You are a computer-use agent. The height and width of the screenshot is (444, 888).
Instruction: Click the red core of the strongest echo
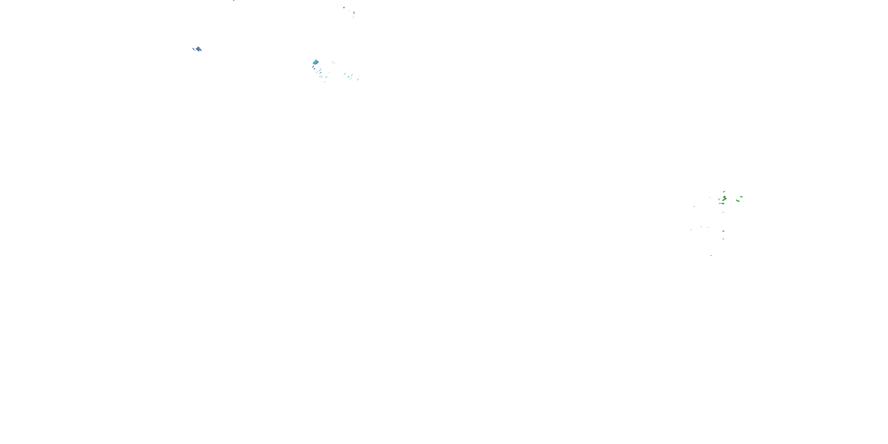pos(725,199)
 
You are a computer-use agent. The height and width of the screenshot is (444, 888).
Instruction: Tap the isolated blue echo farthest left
pos(199,49)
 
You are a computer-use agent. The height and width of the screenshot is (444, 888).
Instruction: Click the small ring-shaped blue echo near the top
pos(344,7)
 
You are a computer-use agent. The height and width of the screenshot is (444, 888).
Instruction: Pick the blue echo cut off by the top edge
pos(234,1)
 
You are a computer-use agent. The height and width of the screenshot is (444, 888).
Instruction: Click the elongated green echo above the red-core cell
pos(724,192)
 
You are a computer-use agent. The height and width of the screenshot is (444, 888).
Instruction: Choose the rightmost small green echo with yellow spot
pos(741,197)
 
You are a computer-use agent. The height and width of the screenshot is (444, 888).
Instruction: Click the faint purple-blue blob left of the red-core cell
pos(719,200)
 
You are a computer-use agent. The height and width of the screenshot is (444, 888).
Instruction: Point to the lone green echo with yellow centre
pos(723,231)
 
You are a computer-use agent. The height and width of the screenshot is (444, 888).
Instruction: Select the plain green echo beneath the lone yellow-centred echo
pos(723,239)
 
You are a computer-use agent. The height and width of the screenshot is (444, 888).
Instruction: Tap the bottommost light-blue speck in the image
pos(711,255)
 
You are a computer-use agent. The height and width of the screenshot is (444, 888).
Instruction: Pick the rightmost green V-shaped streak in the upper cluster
pos(358,79)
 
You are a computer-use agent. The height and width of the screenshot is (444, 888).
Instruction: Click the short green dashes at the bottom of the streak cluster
pos(324,82)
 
